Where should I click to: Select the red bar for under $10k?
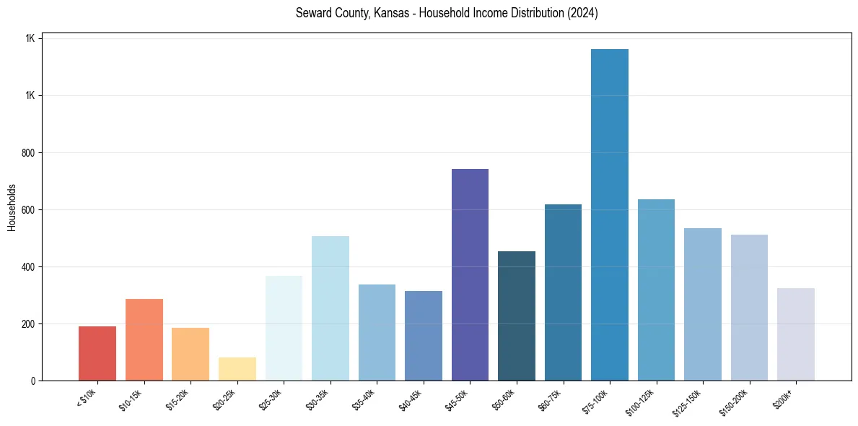coord(97,353)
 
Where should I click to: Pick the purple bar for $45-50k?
coord(470,274)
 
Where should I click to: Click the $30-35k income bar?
coord(330,308)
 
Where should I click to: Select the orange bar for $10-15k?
coord(144,339)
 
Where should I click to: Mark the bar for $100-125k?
coord(656,290)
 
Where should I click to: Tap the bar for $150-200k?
coord(749,307)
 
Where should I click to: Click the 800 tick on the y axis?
coord(29,153)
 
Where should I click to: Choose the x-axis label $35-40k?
coord(366,399)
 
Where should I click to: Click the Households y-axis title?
coord(12,207)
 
